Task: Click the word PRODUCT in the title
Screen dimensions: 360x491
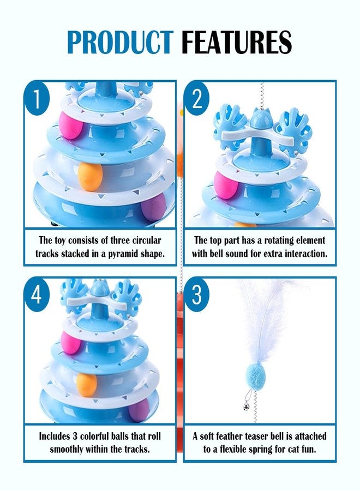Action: [x=119, y=41]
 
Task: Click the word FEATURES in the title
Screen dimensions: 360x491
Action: [x=237, y=41]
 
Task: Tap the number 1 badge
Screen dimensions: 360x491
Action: [x=37, y=98]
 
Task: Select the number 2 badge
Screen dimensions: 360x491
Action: [x=197, y=98]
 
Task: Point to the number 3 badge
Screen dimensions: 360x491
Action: [x=197, y=295]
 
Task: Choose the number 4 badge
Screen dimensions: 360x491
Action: [x=37, y=295]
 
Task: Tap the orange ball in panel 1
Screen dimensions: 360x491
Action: [x=90, y=176]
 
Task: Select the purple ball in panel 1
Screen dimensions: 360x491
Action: [x=153, y=207]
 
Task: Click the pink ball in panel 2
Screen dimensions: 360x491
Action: [x=225, y=185]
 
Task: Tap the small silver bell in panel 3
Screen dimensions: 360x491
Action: [x=247, y=407]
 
